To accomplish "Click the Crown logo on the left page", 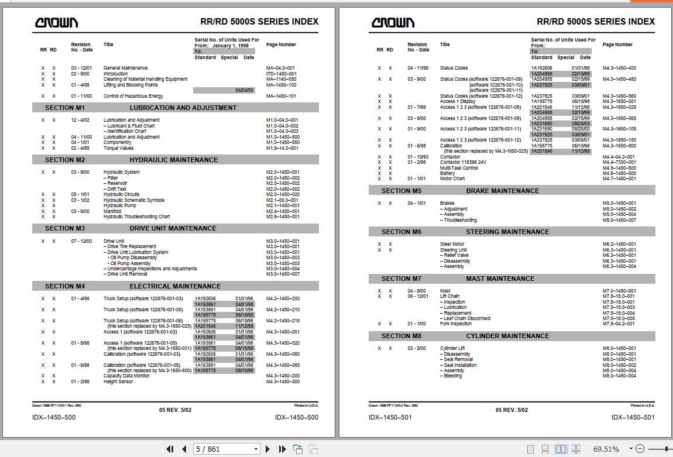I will (56, 23).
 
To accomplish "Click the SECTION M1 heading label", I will (65, 108).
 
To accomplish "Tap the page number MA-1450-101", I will (281, 96).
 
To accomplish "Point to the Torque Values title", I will (119, 148).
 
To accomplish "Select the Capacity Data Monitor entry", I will (126, 376).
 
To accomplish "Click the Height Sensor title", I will (118, 382).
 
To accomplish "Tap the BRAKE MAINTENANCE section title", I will (502, 191).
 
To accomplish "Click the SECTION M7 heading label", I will (401, 279).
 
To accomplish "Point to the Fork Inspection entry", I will (456, 324).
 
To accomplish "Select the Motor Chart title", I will (452, 178).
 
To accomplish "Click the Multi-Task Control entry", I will (459, 168).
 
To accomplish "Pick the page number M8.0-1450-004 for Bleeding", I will (619, 376).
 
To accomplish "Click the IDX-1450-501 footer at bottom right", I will (633, 417).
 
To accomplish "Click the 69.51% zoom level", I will (606, 449).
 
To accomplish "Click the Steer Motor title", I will (452, 244).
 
